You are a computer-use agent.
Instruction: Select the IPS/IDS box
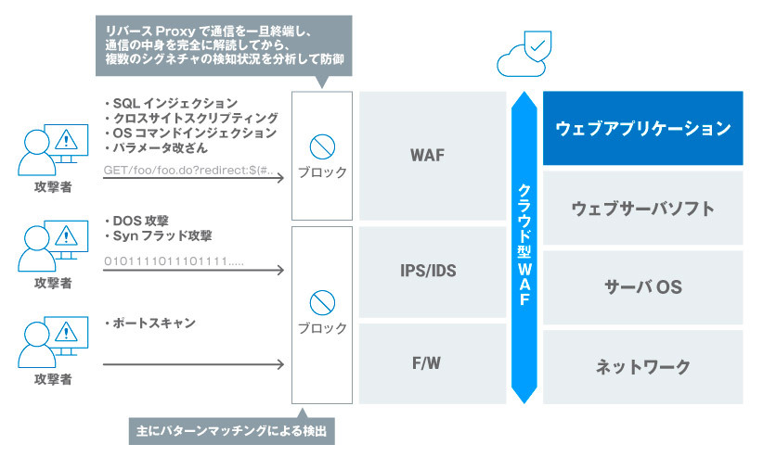428,272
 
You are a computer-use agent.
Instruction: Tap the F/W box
428,362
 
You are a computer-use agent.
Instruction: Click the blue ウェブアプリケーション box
642,128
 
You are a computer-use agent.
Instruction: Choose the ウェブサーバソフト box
642,208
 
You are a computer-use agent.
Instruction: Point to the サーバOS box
642,287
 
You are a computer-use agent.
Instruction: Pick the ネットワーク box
642,367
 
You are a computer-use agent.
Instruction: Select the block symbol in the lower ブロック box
322,302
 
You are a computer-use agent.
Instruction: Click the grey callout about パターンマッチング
231,430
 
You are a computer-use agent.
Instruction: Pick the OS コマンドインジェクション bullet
189,133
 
